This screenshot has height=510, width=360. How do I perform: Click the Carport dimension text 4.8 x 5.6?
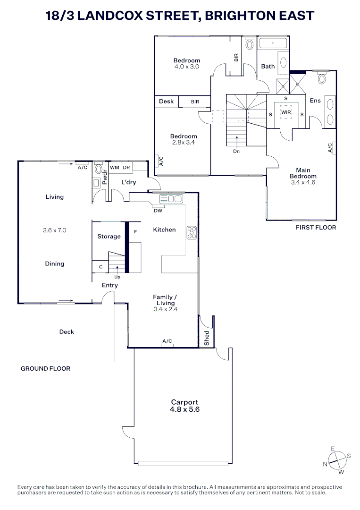tap(184, 410)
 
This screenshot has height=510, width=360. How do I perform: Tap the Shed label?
tap(207, 338)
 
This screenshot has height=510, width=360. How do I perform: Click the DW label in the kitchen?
tap(159, 211)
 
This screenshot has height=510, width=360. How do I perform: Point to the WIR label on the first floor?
tap(286, 112)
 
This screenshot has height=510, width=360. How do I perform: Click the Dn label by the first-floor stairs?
tap(236, 152)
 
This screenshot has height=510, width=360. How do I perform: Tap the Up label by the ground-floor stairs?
tap(117, 277)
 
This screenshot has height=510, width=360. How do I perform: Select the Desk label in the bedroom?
tap(166, 102)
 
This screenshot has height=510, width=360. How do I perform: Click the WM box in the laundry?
tap(114, 167)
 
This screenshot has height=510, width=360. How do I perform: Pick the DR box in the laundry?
tap(126, 167)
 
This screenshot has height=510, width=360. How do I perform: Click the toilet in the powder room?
tap(99, 169)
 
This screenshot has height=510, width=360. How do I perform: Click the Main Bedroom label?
tap(303, 173)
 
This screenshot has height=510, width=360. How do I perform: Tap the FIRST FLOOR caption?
tap(316, 228)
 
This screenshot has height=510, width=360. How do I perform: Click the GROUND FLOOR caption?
tap(45, 368)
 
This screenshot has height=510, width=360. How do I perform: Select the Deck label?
tap(67, 332)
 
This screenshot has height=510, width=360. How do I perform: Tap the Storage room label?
tap(109, 236)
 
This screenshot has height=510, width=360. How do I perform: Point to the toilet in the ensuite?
tap(322, 78)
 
